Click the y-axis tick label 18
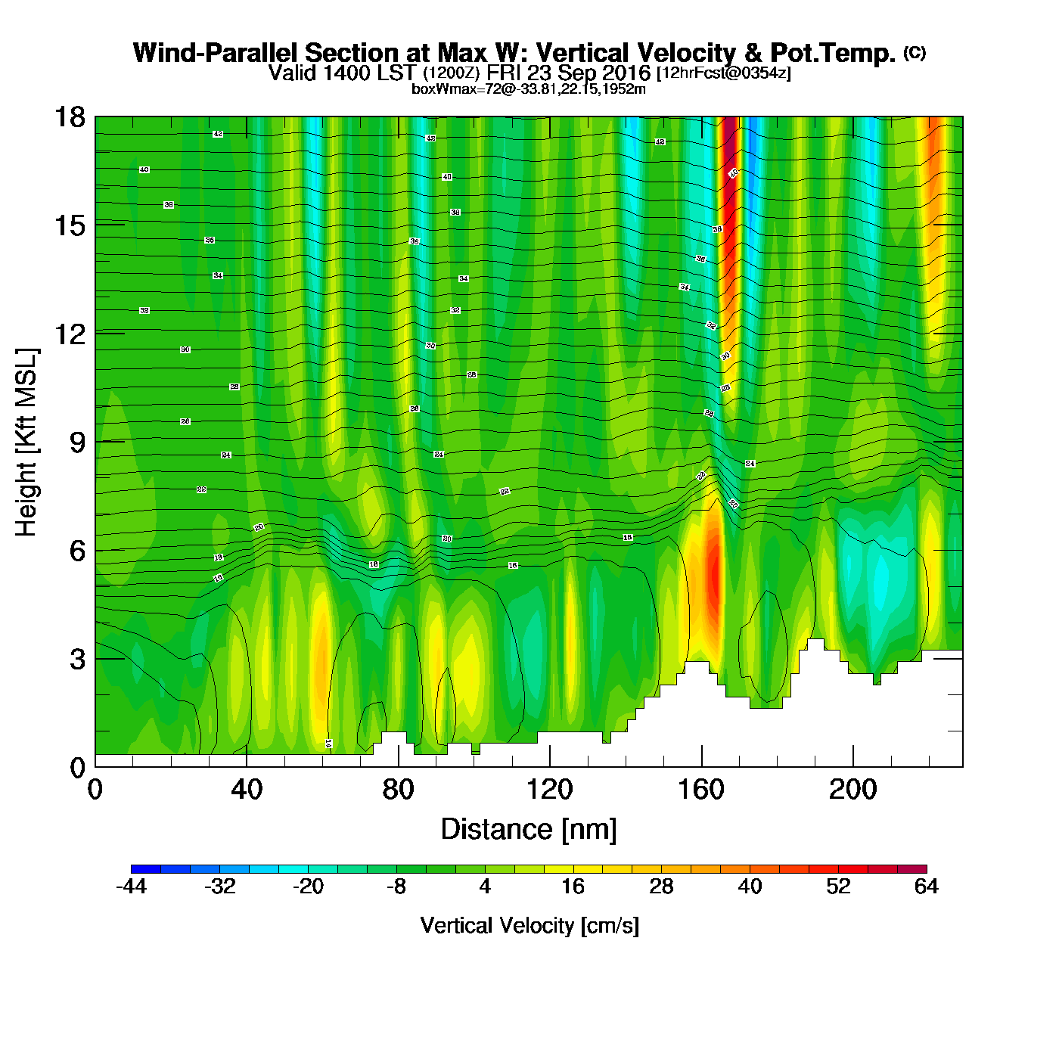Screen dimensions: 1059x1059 coord(69,117)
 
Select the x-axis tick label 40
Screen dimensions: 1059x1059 coord(247,790)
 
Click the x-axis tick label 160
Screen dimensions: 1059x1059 coord(701,790)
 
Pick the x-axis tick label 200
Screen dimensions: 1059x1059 coord(852,790)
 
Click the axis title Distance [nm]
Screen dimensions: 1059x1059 coord(529,830)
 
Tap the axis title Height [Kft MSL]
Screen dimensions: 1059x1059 coord(26,443)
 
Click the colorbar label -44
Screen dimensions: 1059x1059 coord(131,887)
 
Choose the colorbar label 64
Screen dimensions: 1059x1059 coord(926,887)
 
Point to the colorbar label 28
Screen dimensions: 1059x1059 coord(661,887)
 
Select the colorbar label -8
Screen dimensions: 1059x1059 coord(396,887)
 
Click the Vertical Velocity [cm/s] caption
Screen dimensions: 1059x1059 coord(529,926)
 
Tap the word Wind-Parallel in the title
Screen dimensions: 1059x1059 coord(216,53)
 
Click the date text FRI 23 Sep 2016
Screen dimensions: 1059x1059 coord(568,73)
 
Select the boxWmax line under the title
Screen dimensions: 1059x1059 coord(529,89)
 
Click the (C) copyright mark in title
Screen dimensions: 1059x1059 coord(915,52)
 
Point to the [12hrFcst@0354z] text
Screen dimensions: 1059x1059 coord(723,73)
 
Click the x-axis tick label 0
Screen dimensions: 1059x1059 coord(95,790)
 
